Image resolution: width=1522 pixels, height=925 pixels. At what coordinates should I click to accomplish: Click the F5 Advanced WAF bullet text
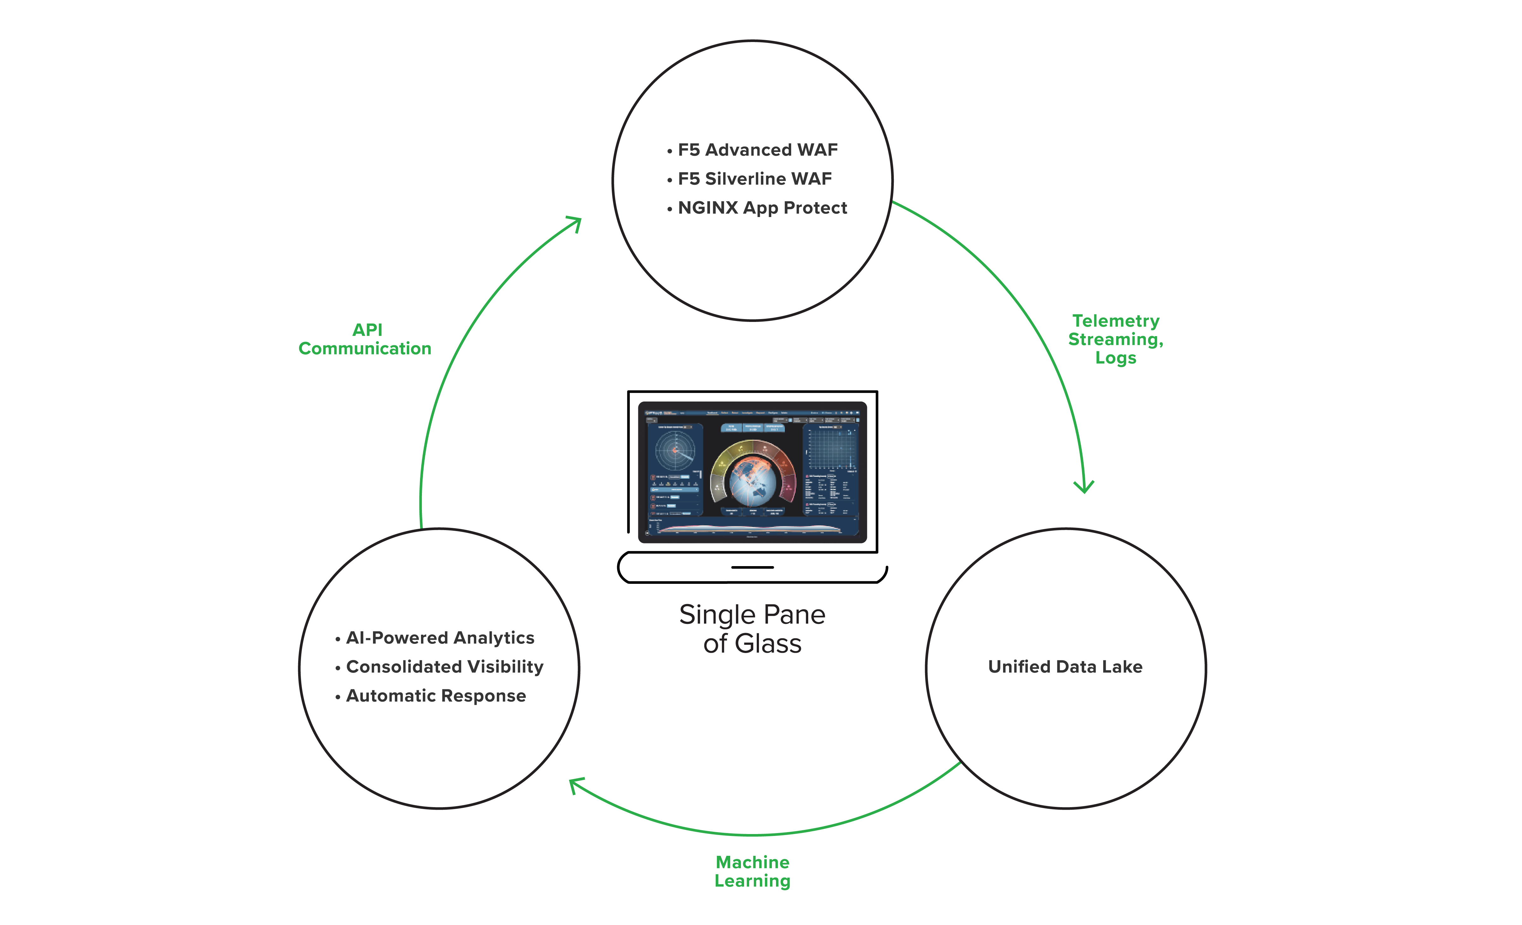(x=757, y=150)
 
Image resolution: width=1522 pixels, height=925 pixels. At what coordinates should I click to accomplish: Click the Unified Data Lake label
(x=1065, y=667)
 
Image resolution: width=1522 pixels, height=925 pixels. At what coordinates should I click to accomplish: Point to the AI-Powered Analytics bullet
(x=440, y=638)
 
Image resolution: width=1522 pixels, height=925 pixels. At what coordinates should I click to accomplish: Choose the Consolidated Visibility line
(x=444, y=667)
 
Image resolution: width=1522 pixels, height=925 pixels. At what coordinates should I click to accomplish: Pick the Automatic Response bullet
(x=436, y=696)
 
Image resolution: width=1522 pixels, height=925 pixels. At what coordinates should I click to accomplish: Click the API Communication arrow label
(x=365, y=339)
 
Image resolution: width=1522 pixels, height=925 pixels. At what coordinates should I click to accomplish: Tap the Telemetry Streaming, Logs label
(x=1116, y=339)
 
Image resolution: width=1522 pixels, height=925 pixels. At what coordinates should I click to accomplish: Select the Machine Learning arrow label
(x=752, y=871)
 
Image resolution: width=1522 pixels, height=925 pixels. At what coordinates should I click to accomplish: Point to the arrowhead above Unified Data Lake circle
(x=1083, y=487)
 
